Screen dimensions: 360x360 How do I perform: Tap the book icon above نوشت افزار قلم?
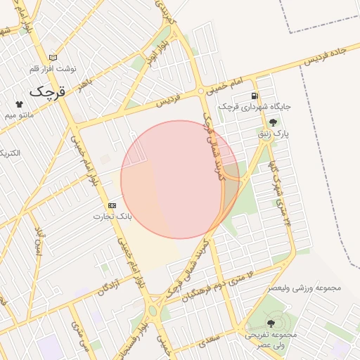(x=53, y=58)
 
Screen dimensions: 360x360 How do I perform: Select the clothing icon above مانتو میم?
(x=18, y=103)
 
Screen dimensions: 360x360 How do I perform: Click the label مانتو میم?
(x=18, y=113)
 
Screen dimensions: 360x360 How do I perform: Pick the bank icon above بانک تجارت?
(x=112, y=205)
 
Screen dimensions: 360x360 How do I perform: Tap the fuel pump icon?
(x=254, y=96)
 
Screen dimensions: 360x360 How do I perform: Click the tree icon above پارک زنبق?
(x=273, y=122)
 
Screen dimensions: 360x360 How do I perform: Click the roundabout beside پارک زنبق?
(x=265, y=138)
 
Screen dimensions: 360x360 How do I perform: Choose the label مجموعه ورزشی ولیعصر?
(x=304, y=288)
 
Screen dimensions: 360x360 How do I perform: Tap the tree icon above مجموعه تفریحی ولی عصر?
(x=271, y=323)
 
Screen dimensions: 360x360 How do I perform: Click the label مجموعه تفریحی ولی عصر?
(x=271, y=339)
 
